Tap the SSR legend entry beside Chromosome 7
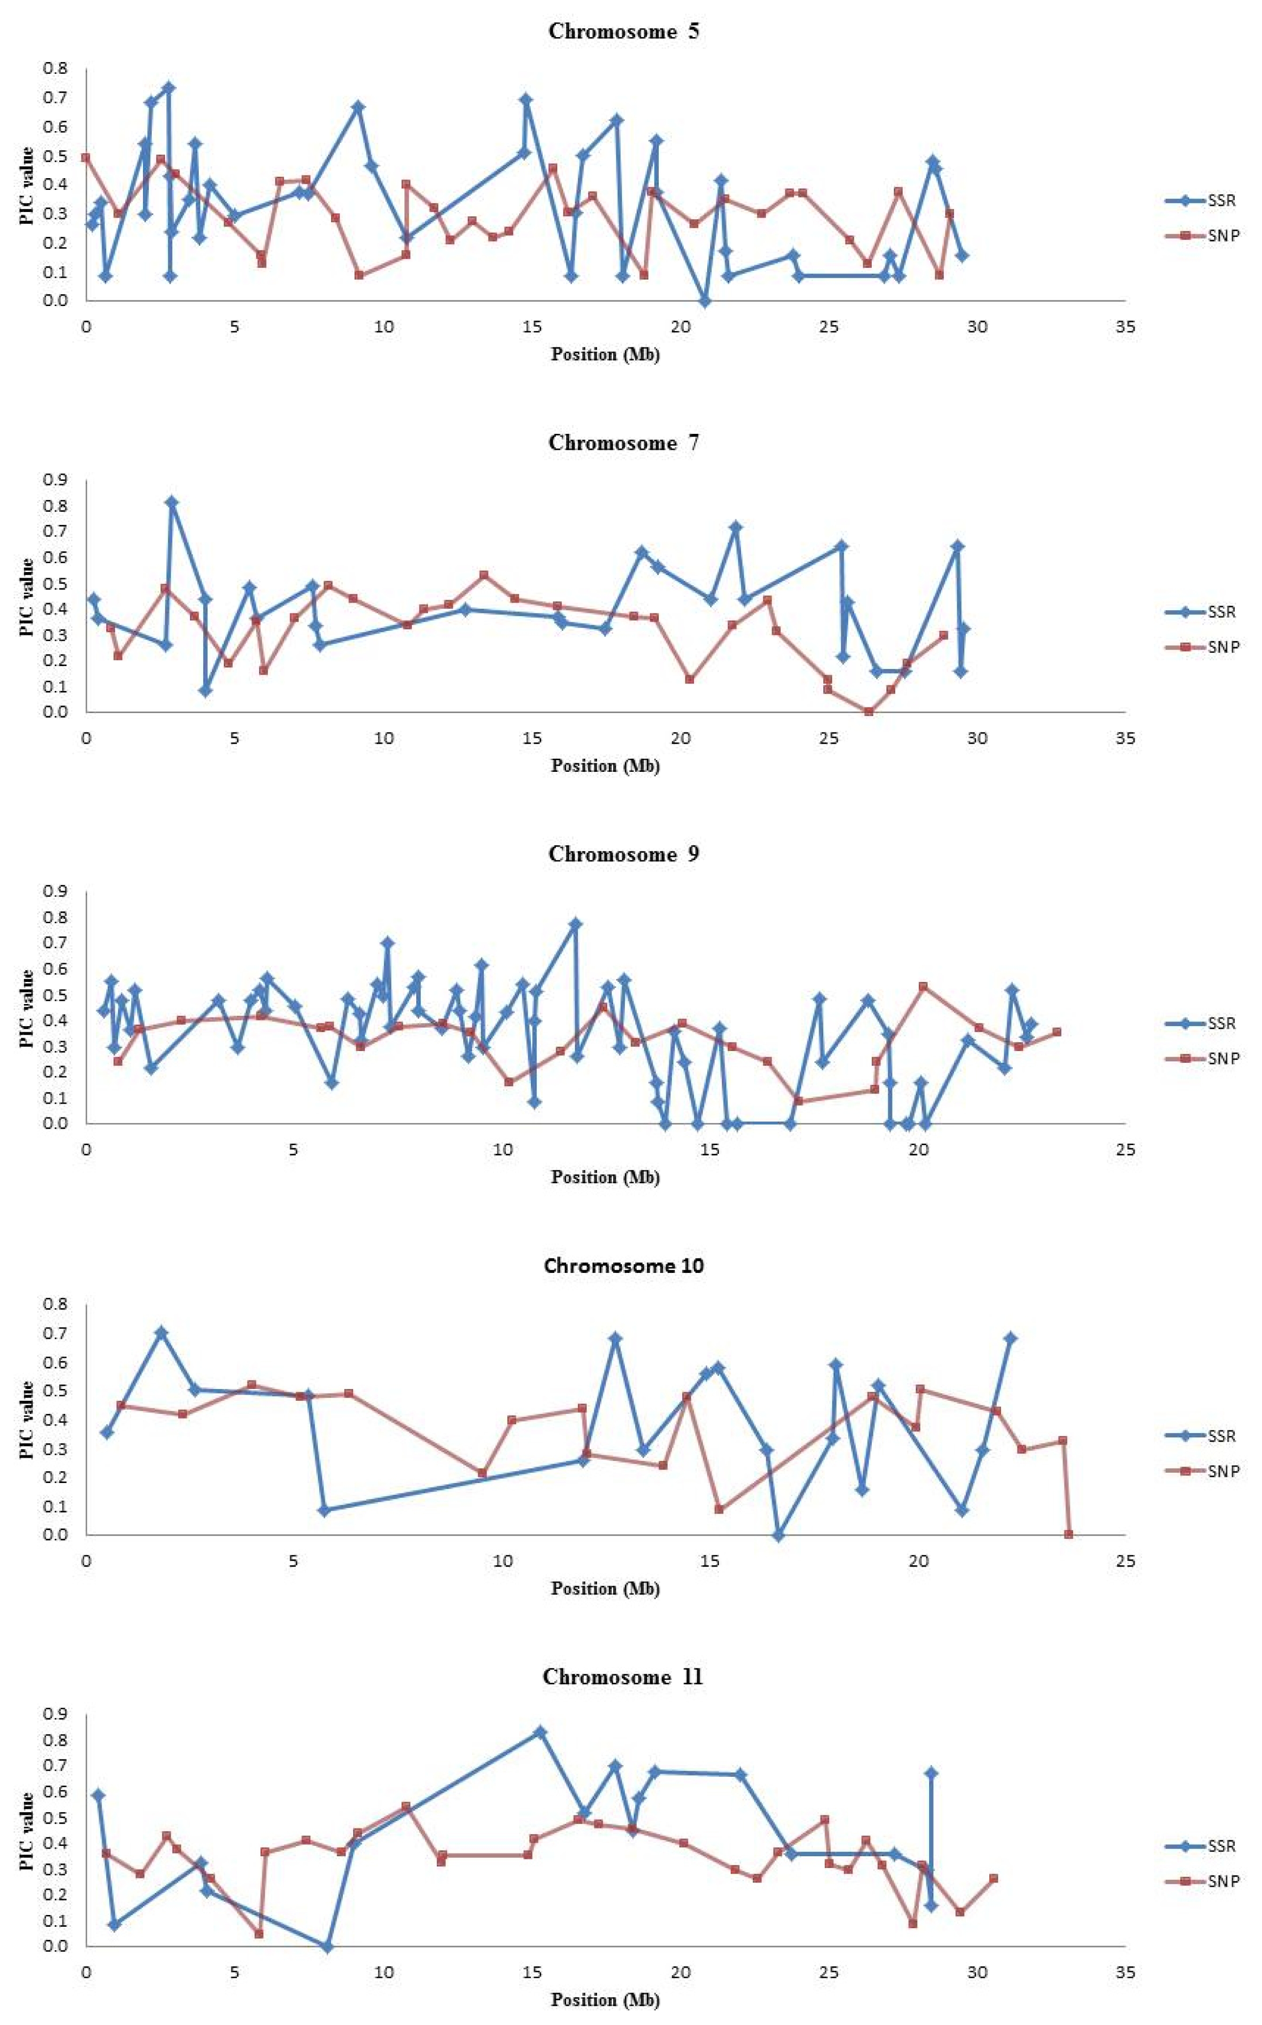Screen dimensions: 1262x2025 (x=1201, y=612)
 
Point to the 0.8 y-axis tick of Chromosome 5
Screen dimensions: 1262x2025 (x=56, y=69)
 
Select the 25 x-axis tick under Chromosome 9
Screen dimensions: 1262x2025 (x=1125, y=1150)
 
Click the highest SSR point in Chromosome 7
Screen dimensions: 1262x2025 (x=172, y=502)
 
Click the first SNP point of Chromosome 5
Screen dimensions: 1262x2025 (x=85, y=157)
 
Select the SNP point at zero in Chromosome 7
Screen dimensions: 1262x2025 (x=869, y=712)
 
